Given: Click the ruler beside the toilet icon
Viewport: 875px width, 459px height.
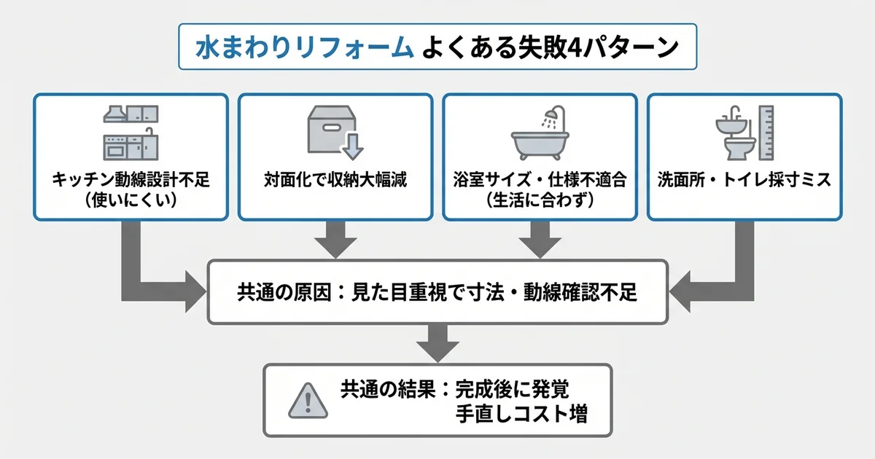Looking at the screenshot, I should pyautogui.click(x=765, y=133).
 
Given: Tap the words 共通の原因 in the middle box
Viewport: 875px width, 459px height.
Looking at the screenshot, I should pyautogui.click(x=277, y=293).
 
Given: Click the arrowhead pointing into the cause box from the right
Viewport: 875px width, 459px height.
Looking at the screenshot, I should pyautogui.click(x=682, y=293).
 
